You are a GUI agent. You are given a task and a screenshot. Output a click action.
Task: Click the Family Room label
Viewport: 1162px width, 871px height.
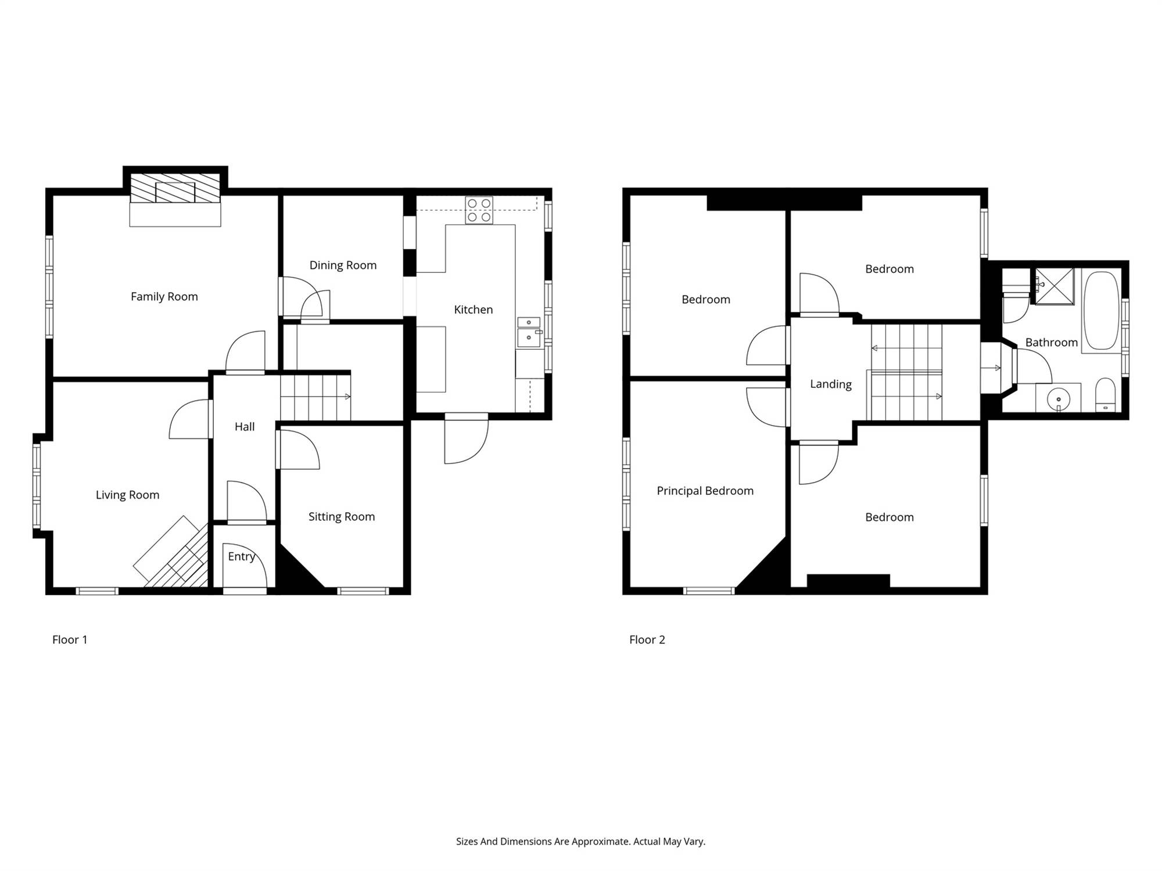164,297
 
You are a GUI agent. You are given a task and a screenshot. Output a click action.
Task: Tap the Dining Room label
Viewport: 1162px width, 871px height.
343,265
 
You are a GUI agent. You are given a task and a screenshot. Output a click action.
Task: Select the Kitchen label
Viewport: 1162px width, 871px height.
474,310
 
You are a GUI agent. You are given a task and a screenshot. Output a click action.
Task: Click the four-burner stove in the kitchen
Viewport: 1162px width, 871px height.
479,211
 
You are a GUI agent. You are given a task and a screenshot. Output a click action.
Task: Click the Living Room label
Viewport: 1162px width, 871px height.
127,495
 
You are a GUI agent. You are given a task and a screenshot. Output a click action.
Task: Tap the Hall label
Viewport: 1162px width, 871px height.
245,427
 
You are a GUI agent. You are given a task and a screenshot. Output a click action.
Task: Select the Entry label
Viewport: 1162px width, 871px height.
242,557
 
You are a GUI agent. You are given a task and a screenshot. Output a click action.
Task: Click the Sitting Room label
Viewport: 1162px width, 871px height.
342,517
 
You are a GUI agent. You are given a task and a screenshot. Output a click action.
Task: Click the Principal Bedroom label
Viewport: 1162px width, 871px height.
705,491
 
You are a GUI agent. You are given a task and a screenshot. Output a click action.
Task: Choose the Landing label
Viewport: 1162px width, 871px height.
831,384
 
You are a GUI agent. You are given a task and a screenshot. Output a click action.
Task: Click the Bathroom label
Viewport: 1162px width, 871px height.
1052,343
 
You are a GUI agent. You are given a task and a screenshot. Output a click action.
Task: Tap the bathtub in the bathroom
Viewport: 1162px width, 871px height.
1101,311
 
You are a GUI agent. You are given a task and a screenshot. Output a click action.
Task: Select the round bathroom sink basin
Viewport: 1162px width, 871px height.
1059,399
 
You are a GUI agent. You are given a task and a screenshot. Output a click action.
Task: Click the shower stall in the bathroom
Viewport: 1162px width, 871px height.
1054,286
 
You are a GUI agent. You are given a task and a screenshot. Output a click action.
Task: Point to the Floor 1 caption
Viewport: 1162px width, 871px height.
70,640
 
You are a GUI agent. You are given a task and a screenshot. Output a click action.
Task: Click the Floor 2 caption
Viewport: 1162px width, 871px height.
647,640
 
